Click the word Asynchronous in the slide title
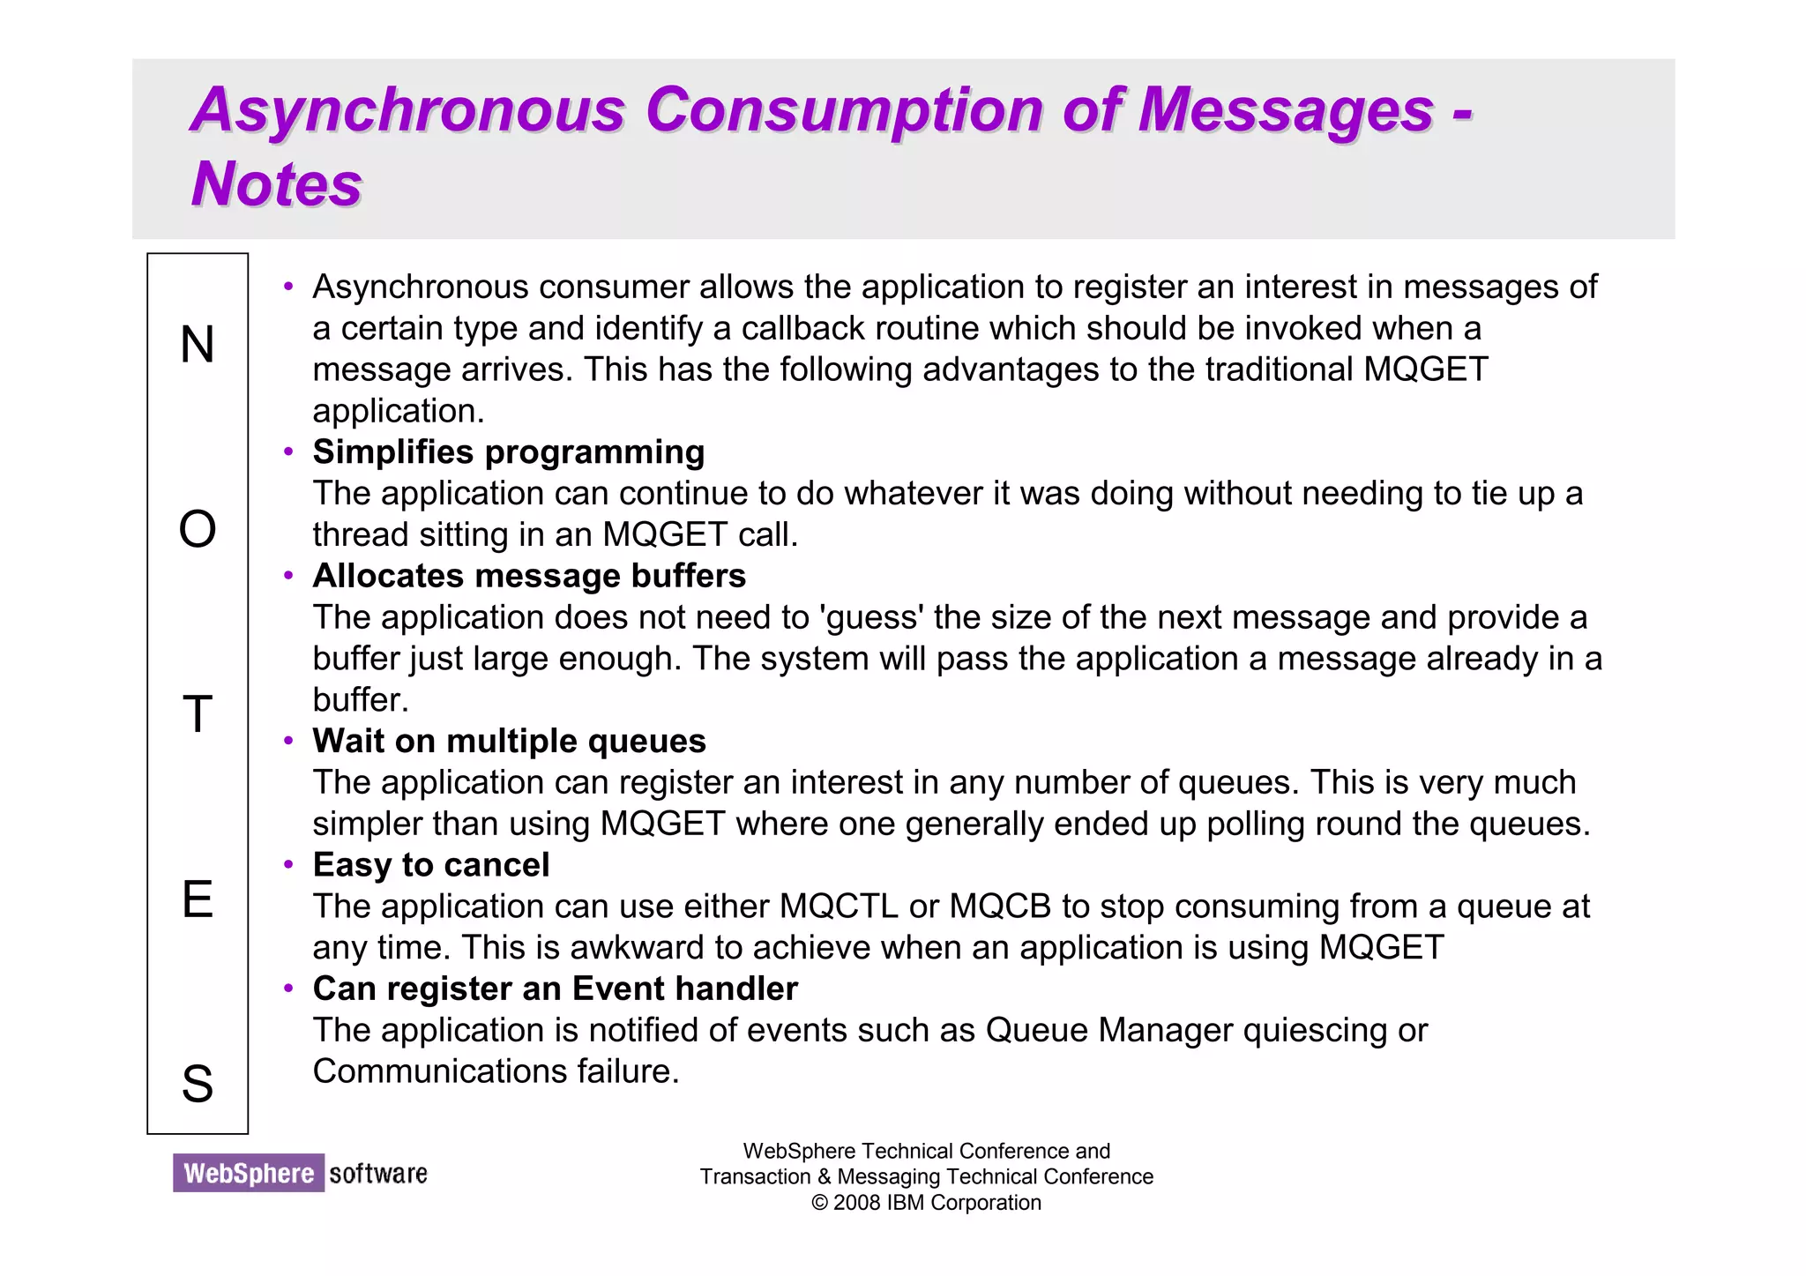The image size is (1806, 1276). [408, 110]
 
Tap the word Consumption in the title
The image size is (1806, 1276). [844, 110]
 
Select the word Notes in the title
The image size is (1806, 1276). [276, 184]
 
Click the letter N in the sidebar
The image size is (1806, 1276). [198, 344]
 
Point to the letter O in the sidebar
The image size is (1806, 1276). [198, 530]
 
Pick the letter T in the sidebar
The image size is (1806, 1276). [198, 714]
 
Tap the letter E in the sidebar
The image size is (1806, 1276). [198, 899]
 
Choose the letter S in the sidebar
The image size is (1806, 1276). [198, 1084]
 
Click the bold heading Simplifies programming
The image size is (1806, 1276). [509, 452]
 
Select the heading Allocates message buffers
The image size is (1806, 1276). [529, 576]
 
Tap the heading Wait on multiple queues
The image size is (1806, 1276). [509, 741]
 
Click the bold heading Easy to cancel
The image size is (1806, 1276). [431, 865]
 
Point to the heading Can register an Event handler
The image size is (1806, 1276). [555, 989]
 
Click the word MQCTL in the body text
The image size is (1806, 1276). [839, 907]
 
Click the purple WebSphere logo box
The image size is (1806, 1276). [249, 1173]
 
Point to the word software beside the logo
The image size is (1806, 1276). [378, 1174]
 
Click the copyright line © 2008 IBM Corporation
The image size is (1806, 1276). [926, 1203]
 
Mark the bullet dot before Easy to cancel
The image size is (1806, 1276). [288, 864]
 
